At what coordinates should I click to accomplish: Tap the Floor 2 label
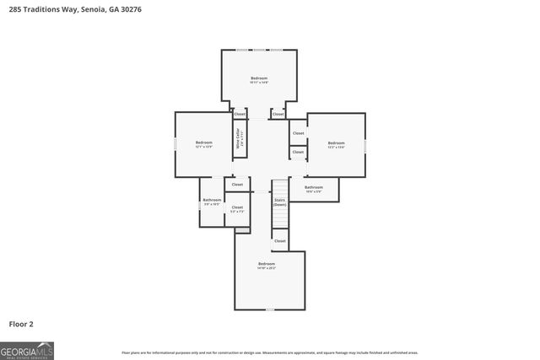point(21,323)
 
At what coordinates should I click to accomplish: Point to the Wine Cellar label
point(240,138)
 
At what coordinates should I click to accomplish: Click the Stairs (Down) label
point(279,202)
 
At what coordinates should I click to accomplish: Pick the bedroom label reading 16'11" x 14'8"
point(258,80)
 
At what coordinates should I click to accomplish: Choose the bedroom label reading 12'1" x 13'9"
point(203,144)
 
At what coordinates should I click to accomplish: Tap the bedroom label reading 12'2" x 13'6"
point(336,145)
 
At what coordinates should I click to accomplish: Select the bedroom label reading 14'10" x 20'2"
point(267,266)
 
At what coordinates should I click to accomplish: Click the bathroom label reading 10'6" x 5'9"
point(314,189)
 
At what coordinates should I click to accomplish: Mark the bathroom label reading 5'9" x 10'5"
point(211,201)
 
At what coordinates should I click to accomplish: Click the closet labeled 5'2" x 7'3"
point(237,208)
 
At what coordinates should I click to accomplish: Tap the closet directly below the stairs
point(279,241)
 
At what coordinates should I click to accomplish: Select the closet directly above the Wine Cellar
point(240,114)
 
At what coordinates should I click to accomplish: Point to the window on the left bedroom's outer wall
point(175,144)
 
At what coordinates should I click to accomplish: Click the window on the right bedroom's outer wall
point(365,145)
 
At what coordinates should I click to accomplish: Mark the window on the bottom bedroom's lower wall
point(268,310)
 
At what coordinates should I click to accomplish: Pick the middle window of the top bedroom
point(259,50)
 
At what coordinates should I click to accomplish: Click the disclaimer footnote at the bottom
point(269,352)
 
